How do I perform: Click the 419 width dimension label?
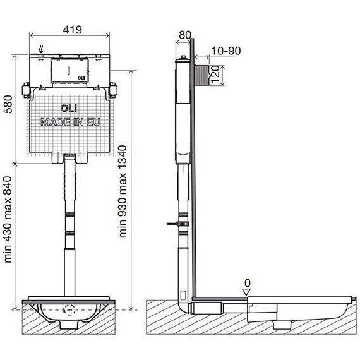(73, 30)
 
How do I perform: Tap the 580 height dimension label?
(8, 104)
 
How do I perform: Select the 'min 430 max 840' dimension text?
(8, 220)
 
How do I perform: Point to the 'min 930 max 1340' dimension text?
(123, 191)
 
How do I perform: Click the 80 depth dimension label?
(185, 35)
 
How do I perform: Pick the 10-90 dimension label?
(226, 51)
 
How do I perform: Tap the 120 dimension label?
(215, 75)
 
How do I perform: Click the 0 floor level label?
(248, 284)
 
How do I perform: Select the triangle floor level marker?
(246, 292)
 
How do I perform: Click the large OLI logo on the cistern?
(69, 108)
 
